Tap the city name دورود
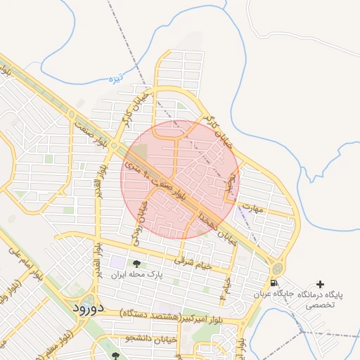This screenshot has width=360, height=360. tap(88, 307)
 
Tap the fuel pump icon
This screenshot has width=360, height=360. tap(273, 283)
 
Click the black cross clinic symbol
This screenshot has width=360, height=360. tap(321, 284)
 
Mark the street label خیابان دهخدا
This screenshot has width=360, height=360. tap(211, 222)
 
